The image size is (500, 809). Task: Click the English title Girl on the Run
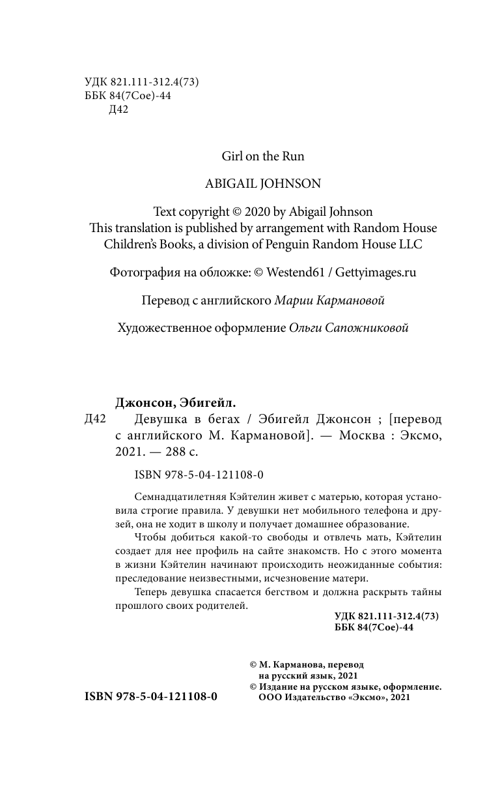[x=263, y=156]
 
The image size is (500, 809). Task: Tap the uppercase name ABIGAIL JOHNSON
[x=263, y=184]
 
